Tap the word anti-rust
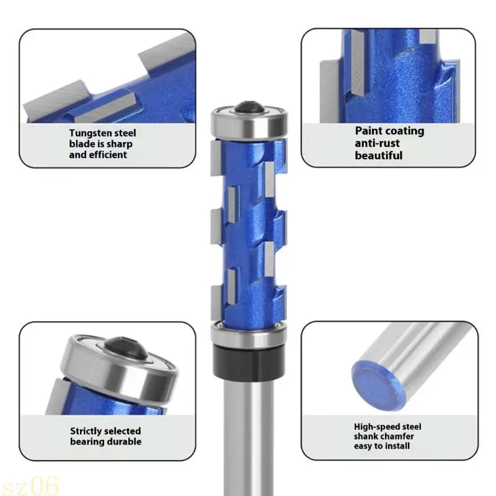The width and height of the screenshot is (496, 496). point(378,143)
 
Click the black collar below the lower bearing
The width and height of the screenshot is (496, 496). point(247,360)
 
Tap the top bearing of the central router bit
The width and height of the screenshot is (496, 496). point(248,122)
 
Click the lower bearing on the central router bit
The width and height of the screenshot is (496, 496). point(247,335)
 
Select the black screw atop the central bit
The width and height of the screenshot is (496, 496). point(248,106)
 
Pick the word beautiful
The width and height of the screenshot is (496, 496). point(379,156)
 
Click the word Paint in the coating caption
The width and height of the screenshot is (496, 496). point(369,131)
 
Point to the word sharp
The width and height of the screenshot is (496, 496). point(120,144)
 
